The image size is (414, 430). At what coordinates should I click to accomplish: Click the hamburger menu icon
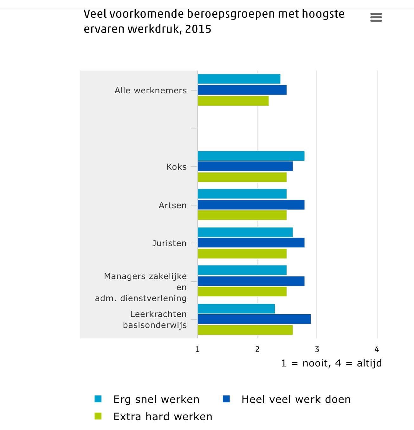376,17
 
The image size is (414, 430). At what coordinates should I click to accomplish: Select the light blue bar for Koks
251,156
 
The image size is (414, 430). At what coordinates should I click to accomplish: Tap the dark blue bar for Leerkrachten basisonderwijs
254,319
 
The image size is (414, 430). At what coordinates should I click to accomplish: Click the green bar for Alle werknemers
233,101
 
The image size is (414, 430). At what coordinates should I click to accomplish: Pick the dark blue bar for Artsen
251,205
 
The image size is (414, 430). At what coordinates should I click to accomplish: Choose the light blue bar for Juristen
245,232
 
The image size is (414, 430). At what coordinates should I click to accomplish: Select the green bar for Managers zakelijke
242,291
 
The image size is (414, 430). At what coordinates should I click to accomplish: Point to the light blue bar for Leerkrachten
236,308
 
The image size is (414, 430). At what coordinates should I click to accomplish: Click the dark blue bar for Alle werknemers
242,90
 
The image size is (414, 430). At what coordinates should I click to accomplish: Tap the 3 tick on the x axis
317,349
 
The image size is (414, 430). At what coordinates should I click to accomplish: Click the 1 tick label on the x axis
197,349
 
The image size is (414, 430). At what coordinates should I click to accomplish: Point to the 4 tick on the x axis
377,349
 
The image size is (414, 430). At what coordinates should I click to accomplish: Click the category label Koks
177,167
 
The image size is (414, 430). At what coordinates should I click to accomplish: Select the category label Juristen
169,243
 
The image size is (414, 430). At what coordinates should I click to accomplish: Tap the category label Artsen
173,205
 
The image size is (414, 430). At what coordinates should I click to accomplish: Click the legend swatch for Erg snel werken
98,399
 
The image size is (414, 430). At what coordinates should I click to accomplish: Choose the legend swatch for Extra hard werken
98,416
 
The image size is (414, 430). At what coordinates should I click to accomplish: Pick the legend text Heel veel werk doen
296,399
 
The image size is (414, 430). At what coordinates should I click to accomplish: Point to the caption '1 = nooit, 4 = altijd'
331,363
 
